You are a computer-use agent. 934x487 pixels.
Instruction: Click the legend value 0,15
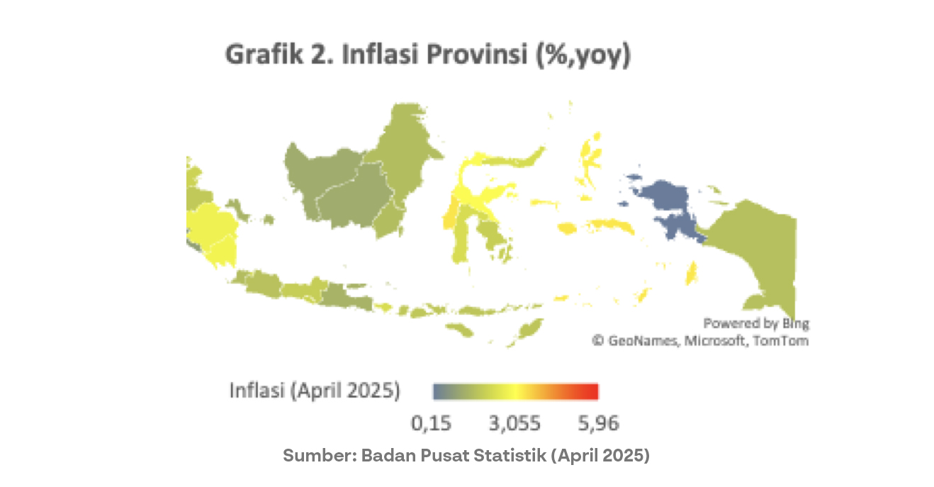click(x=432, y=424)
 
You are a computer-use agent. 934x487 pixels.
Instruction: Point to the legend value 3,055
click(x=515, y=424)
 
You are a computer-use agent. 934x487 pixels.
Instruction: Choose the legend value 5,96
click(x=598, y=424)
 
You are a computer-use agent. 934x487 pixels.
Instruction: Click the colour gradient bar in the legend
click(x=516, y=391)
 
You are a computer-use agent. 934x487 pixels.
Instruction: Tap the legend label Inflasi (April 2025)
click(x=315, y=391)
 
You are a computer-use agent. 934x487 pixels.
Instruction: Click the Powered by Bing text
click(x=755, y=324)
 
